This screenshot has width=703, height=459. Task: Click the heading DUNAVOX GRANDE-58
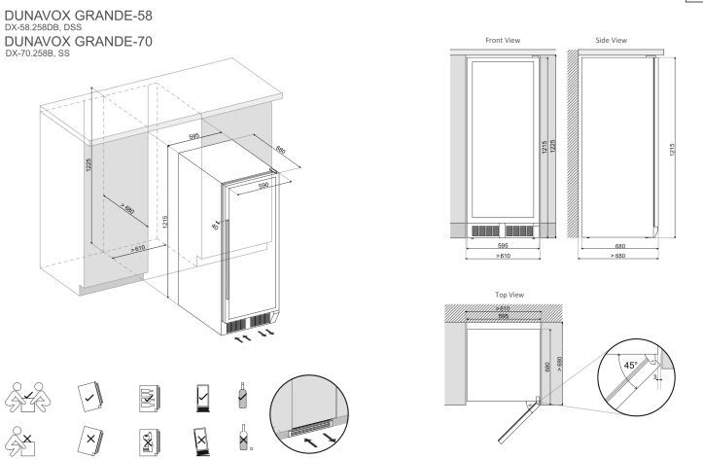click(78, 16)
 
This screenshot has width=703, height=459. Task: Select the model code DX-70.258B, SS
click(38, 53)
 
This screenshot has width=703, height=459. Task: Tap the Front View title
click(503, 40)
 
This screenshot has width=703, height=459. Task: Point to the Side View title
click(611, 40)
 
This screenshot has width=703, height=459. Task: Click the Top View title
click(510, 295)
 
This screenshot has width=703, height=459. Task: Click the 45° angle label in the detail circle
click(630, 366)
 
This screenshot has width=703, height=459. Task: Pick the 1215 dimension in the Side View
click(672, 150)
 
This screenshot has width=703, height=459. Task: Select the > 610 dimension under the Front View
click(503, 256)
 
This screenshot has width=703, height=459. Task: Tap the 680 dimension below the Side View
click(620, 246)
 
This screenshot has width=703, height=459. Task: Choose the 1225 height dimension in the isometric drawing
click(88, 165)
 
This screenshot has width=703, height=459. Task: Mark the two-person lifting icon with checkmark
click(28, 397)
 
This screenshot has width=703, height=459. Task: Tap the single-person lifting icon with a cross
click(20, 441)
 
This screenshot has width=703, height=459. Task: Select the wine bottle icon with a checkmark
click(242, 396)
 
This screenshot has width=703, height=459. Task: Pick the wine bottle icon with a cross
click(243, 437)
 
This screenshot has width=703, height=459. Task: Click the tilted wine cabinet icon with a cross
click(201, 441)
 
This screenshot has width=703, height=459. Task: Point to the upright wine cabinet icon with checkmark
click(202, 398)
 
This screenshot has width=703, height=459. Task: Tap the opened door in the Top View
click(518, 420)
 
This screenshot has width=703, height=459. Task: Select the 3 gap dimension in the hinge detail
click(655, 378)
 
